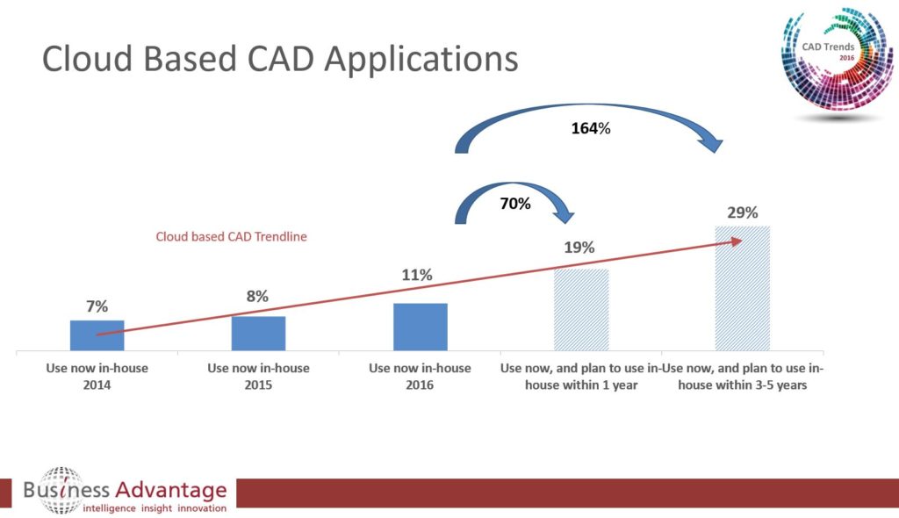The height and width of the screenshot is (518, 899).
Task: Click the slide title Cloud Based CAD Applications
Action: coord(280,59)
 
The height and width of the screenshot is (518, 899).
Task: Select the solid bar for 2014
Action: coord(97,336)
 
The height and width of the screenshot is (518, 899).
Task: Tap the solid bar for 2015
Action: coord(258,334)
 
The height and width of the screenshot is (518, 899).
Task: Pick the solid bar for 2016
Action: coord(421,327)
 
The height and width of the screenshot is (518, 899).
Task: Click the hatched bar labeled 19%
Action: coord(581,310)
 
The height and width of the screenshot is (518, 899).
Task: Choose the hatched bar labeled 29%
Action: coord(742,289)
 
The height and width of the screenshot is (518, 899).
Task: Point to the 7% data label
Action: coord(97,306)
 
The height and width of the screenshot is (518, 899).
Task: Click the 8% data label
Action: coord(257,297)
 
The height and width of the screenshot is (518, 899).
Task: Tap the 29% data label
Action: coord(742,212)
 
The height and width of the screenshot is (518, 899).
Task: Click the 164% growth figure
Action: coord(590,129)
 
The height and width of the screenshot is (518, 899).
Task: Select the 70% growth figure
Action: coord(515,204)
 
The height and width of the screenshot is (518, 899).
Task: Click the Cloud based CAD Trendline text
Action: coord(231,236)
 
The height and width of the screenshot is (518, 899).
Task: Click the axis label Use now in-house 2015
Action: coord(258,376)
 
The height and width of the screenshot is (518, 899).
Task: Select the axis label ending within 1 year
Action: coord(581,377)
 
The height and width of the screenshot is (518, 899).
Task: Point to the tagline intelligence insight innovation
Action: coord(155,507)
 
